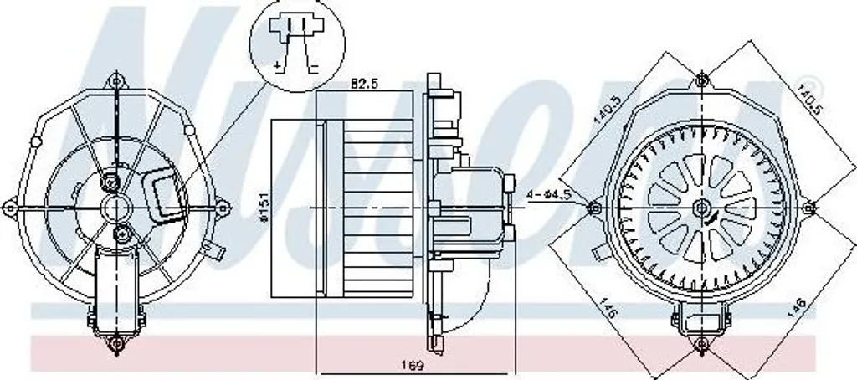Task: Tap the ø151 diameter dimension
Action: point(262,206)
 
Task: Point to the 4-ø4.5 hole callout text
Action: point(550,195)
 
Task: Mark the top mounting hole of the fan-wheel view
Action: point(701,80)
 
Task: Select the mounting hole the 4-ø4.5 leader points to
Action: point(595,207)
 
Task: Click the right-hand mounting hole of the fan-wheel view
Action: point(808,207)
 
